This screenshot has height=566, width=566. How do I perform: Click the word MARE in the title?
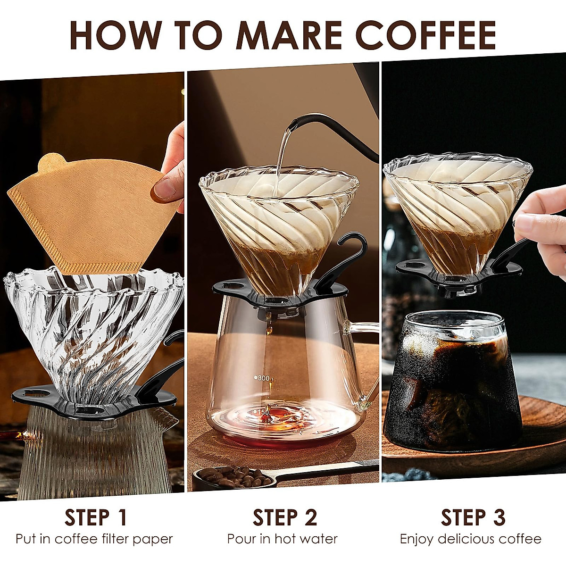click(x=291, y=35)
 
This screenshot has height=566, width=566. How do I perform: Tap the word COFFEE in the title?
click(x=425, y=35)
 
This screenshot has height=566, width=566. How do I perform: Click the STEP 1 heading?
click(x=96, y=517)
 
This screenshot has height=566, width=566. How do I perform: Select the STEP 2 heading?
click(x=285, y=517)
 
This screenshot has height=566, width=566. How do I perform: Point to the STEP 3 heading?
click(x=473, y=517)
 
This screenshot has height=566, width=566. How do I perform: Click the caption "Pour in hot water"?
click(x=283, y=539)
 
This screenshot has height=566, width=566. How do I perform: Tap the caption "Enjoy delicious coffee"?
click(x=471, y=539)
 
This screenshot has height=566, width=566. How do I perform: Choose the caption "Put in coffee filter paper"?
click(x=94, y=539)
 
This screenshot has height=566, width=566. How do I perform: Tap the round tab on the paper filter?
click(x=51, y=163)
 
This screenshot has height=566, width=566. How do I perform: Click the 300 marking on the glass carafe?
click(x=263, y=378)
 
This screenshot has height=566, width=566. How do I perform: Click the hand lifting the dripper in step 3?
click(x=542, y=226)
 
